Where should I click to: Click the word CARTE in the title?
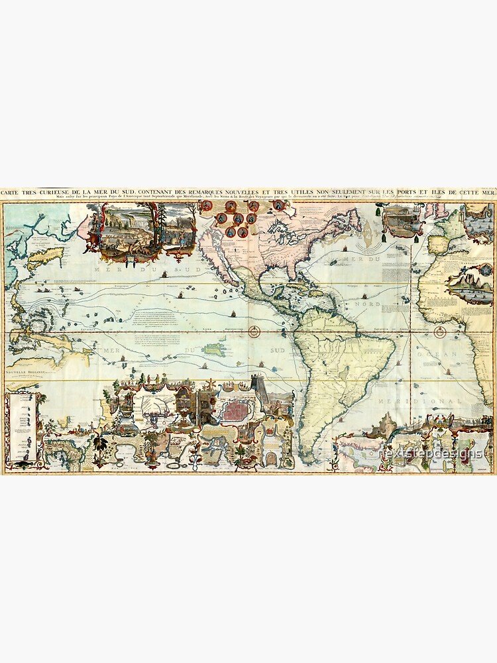click(x=12, y=194)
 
